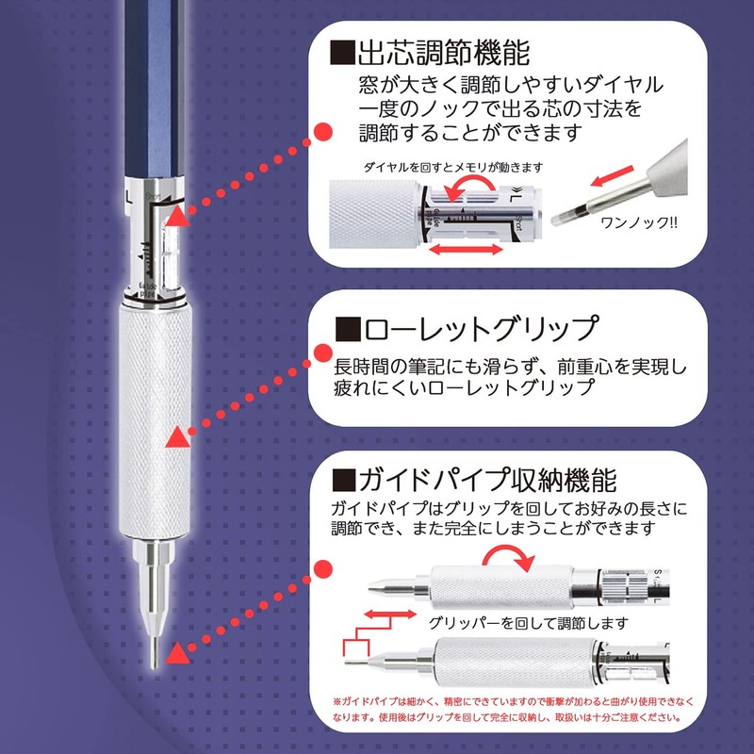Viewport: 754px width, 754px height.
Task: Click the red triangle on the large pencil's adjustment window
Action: [177, 218]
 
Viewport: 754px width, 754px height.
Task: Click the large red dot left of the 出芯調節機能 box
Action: [321, 135]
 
